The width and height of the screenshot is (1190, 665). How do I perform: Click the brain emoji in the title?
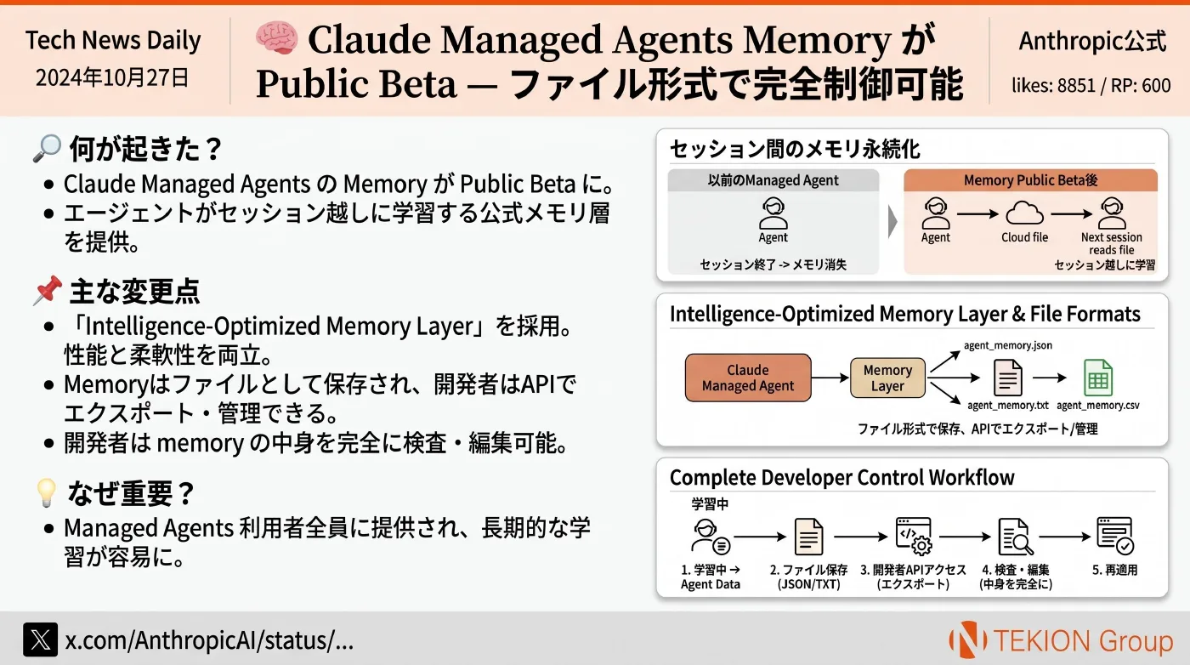(276, 37)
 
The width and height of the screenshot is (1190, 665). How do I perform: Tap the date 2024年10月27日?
(112, 77)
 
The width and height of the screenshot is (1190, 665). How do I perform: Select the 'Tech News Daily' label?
(113, 40)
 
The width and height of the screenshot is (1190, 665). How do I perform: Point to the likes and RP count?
(1091, 85)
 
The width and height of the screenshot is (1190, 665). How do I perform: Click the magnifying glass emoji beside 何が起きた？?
(47, 148)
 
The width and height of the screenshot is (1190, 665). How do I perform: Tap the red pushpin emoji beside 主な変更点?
(48, 290)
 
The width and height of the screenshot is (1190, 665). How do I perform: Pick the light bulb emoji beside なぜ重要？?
(47, 492)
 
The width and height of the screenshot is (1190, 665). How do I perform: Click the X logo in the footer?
(41, 639)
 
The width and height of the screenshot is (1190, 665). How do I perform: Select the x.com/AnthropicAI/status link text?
(209, 640)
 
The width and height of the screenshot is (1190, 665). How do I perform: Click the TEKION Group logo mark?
(968, 639)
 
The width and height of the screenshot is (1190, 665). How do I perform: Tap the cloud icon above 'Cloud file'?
(1024, 213)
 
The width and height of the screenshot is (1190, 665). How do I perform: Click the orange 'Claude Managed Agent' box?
(748, 378)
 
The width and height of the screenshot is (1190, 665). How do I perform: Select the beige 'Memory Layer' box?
(887, 378)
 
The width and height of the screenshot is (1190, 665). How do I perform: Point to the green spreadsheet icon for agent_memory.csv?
(1097, 378)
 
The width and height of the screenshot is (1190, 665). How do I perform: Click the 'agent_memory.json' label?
(1008, 345)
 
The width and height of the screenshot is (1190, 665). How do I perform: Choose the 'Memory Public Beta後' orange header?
(1030, 180)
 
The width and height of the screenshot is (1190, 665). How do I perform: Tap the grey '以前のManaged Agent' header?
(773, 180)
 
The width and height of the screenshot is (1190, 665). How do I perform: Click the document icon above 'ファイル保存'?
(808, 537)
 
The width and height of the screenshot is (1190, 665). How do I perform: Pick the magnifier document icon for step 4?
(1016, 537)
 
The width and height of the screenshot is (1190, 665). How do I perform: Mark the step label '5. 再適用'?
(1114, 570)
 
